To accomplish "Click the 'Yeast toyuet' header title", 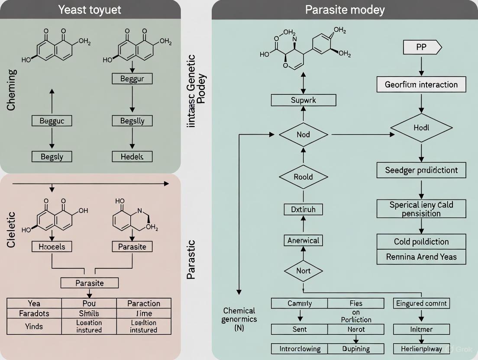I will point(90,10).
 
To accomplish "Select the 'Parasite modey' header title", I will point(345,10).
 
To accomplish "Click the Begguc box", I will point(52,121).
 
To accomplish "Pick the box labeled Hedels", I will point(132,156).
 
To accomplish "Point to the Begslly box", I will point(132,121).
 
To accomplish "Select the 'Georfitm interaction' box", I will point(421,84).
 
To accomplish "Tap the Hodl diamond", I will point(421,128).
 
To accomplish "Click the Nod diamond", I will point(303,135).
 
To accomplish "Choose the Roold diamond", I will point(303,177).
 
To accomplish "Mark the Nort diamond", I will point(303,271).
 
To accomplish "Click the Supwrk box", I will point(303,100).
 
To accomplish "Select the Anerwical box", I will point(303,240).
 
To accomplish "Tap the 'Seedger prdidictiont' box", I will point(421,170).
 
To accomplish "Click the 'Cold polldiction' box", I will point(421,241).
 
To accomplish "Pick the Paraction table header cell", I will point(144,303).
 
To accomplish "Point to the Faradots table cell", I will point(34,313).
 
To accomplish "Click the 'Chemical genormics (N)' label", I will point(239,319).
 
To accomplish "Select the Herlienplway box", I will point(421,348).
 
